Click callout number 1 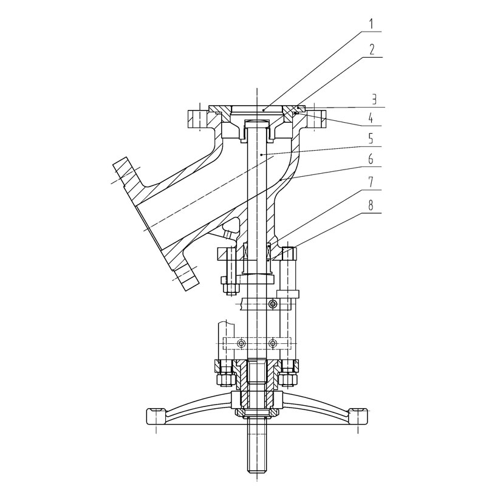[x=371, y=24]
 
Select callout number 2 [x=372, y=50]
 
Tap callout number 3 [x=374, y=100]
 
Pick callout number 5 [x=371, y=139]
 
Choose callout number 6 [x=371, y=160]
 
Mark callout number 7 [x=371, y=182]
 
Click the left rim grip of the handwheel [x=157, y=417]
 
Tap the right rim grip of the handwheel [x=358, y=416]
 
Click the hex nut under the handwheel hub [x=256, y=413]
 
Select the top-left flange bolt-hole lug [x=197, y=119]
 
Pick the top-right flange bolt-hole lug [x=316, y=119]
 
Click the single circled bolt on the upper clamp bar [x=272, y=304]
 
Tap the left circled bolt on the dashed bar [x=241, y=343]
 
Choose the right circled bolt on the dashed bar [x=272, y=343]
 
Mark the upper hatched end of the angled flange [x=126, y=174]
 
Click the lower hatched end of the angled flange [x=186, y=276]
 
